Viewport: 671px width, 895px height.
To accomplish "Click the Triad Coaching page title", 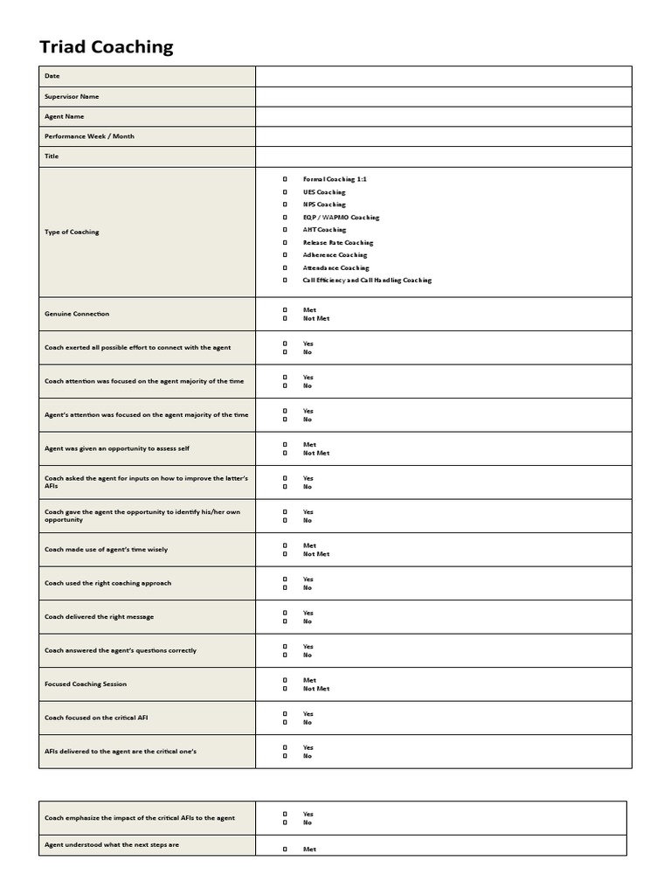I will point(107,47).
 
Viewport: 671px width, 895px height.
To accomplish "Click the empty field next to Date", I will point(443,76).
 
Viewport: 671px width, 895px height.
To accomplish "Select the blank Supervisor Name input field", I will point(443,96).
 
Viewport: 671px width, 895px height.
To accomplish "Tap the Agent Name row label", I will point(65,116).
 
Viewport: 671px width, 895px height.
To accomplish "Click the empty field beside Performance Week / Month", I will point(443,136).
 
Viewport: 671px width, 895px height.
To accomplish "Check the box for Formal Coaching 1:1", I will point(285,179).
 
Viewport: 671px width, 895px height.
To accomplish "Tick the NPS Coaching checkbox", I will point(285,205).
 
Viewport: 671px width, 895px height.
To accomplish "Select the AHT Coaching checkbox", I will point(285,230).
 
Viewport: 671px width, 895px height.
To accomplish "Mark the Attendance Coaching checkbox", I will point(285,267).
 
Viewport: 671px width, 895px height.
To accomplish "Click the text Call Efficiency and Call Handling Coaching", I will point(367,281).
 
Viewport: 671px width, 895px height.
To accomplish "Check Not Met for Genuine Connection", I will point(285,318).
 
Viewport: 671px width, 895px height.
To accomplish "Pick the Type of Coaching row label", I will point(72,232).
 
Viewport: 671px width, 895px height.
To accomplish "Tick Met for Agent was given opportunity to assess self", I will point(285,445).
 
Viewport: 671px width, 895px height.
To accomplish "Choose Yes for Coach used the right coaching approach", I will point(285,579).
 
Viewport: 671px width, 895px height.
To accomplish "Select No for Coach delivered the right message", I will point(285,621).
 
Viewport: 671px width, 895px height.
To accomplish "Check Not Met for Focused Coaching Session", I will point(285,689).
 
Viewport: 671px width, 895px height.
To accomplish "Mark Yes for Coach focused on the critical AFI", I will point(285,714).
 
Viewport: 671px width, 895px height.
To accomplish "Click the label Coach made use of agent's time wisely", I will point(106,550).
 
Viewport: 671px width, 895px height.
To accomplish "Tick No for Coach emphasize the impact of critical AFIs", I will point(285,822).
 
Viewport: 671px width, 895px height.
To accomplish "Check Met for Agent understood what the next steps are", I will point(285,850).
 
